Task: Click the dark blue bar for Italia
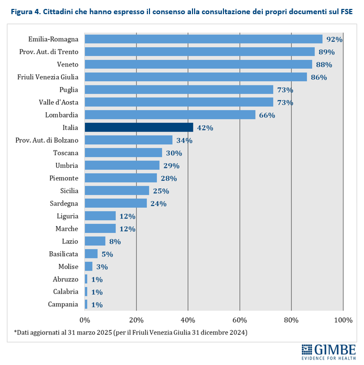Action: pos(138,127)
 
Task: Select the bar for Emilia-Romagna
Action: pos(204,39)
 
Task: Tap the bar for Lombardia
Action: pos(170,115)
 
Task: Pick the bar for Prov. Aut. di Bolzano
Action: pos(129,140)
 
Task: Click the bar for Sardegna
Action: pos(115,203)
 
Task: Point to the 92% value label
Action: pos(334,39)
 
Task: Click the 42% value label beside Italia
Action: pos(205,128)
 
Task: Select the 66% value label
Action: pos(267,115)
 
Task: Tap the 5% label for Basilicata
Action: pos(107,254)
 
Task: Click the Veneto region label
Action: pos(68,65)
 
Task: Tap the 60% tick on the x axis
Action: pos(240,320)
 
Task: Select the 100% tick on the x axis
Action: pos(343,320)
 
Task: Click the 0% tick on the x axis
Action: pos(85,320)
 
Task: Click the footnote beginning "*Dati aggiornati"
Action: pos(130,332)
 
